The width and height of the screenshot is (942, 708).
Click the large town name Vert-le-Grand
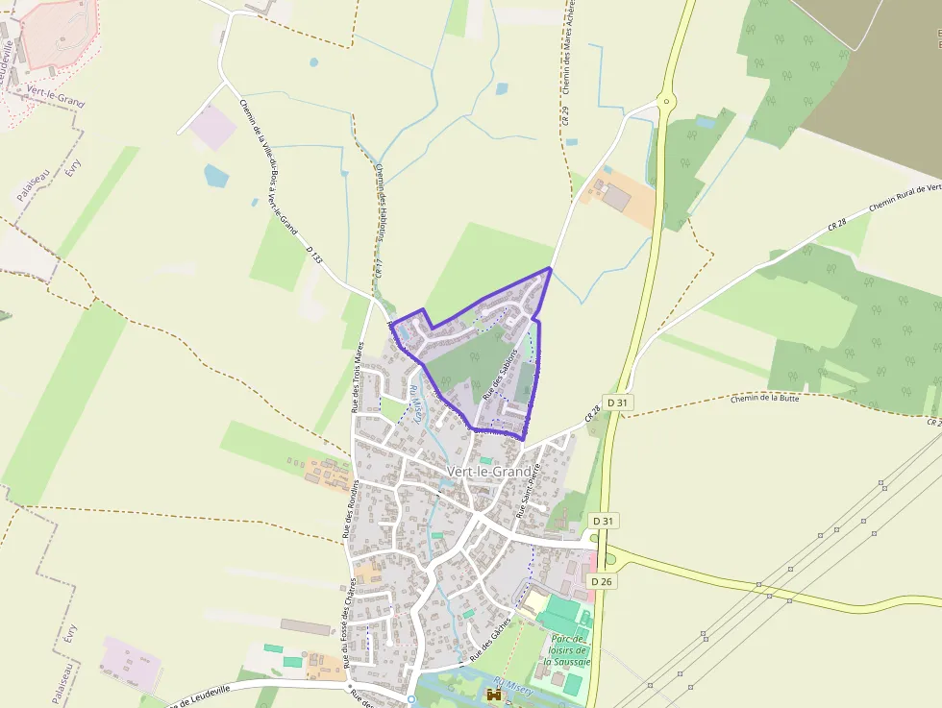click(488, 472)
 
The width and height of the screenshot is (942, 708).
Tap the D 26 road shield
click(602, 581)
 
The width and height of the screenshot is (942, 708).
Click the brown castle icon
click(495, 695)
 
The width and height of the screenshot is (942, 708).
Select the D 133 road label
click(313, 254)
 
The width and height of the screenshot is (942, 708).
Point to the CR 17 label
click(379, 269)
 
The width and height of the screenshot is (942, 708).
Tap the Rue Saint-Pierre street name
click(531, 491)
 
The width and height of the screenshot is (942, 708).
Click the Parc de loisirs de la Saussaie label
click(565, 650)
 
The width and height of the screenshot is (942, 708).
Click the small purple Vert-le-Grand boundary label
click(55, 96)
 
